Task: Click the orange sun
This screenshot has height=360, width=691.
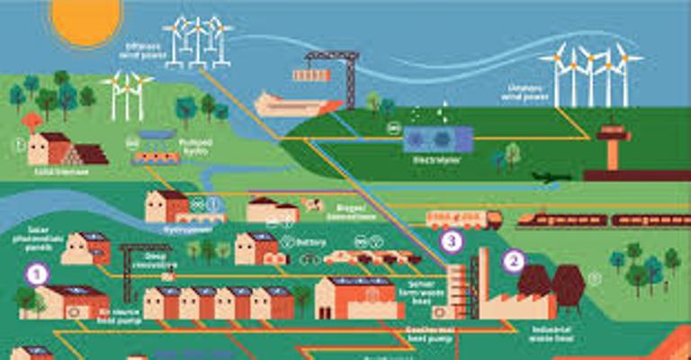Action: click(86, 18)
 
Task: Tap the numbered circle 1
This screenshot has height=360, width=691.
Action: click(36, 274)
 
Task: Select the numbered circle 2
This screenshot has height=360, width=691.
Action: click(514, 261)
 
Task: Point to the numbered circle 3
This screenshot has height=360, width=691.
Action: click(452, 241)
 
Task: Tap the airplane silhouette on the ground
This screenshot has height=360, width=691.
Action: click(551, 176)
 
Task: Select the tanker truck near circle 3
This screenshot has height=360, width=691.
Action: click(463, 219)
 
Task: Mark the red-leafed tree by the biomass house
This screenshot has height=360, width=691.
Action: click(32, 121)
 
